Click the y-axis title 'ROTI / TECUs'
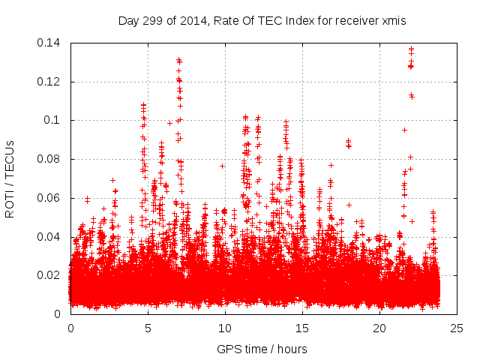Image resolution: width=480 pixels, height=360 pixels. coord(10,178)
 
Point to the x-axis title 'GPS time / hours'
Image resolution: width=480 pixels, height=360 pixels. coord(262,349)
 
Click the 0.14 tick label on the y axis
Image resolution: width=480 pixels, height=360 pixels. coord(50,43)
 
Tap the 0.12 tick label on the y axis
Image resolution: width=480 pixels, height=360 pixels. coord(50,81)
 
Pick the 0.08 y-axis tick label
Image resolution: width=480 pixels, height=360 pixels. coord(50,159)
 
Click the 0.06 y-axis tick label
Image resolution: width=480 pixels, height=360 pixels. coord(50,198)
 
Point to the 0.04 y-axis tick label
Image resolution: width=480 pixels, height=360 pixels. coord(50,237)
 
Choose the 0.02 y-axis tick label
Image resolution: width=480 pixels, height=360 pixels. coord(50,275)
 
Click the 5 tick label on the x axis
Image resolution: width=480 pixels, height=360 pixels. coord(148,328)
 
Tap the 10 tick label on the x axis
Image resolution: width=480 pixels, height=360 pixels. coord(225,328)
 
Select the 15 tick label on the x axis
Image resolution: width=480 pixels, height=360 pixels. coord(302,328)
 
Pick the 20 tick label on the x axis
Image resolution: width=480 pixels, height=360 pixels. coord(379,328)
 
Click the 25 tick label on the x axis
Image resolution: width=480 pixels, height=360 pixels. coord(457,328)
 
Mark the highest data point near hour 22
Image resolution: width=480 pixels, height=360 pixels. coord(411,49)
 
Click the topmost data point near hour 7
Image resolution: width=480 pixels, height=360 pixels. coord(178,59)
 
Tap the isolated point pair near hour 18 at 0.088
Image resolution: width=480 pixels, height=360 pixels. coord(348,141)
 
